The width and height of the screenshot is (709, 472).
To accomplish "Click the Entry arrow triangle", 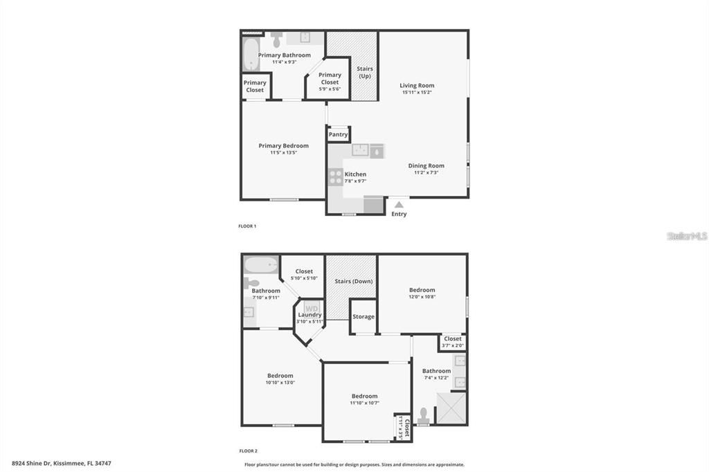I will (x=399, y=205).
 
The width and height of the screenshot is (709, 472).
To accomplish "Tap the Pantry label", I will (x=338, y=134).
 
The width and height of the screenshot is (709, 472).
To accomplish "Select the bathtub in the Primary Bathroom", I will (x=251, y=55).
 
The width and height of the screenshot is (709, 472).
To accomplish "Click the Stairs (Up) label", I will (x=364, y=72).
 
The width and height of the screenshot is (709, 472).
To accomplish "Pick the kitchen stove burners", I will (x=336, y=177).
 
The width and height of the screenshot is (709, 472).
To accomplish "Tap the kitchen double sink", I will (x=366, y=150).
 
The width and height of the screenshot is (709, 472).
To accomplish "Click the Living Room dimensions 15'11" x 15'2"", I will (x=417, y=93).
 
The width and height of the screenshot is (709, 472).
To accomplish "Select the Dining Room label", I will (x=426, y=165).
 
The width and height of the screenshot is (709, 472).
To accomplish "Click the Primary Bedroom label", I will (x=283, y=145).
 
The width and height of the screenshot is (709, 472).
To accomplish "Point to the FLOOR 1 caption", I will (x=247, y=226).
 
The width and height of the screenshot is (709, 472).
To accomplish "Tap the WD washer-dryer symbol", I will (x=312, y=308).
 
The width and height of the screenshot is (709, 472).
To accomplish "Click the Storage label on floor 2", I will (x=363, y=317).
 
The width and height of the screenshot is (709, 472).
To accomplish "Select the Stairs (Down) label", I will (x=354, y=281).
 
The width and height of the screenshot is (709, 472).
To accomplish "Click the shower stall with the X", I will (x=451, y=408).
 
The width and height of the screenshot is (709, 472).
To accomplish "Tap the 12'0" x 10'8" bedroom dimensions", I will (x=422, y=297).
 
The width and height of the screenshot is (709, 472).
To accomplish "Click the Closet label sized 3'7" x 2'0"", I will (x=453, y=338).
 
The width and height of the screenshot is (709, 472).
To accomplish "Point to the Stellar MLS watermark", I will (x=687, y=236).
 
